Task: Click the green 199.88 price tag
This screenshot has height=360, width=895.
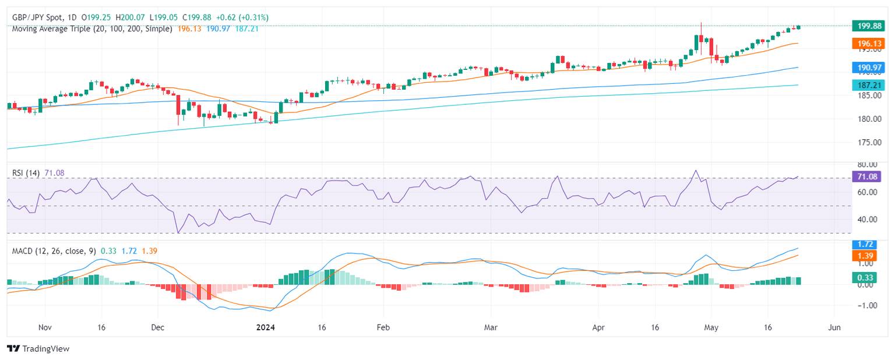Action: click(x=869, y=26)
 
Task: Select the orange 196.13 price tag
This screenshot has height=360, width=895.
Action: click(x=869, y=44)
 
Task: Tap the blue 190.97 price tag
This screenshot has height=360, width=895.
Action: click(x=869, y=68)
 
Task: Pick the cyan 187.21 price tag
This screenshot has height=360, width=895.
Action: click(x=869, y=85)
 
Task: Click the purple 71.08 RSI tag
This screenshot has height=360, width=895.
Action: click(x=869, y=177)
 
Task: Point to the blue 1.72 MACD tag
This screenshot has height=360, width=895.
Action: click(x=869, y=245)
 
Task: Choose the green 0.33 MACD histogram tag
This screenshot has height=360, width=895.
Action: click(x=869, y=278)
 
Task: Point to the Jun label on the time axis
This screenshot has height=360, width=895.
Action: click(x=834, y=327)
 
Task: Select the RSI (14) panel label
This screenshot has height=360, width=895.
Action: click(x=26, y=172)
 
